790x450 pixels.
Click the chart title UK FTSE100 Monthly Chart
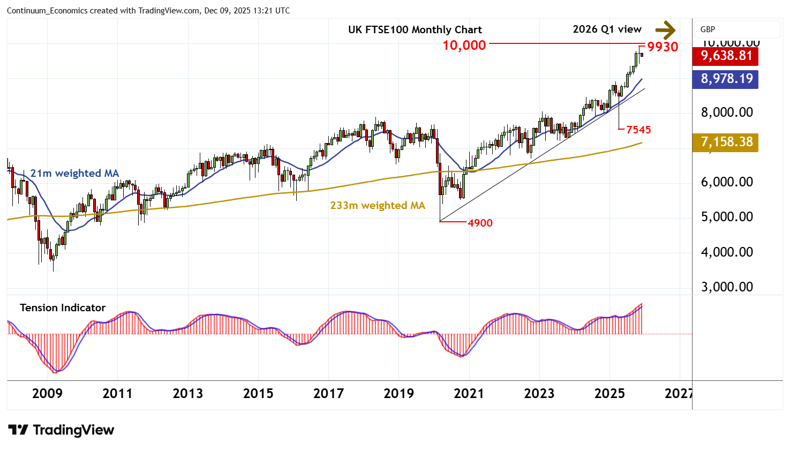[x=415, y=30]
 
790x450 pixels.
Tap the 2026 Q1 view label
[x=607, y=29]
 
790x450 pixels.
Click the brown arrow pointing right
[x=665, y=30]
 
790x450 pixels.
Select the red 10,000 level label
[x=464, y=46]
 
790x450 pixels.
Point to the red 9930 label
[x=663, y=47]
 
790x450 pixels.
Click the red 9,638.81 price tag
[x=726, y=56]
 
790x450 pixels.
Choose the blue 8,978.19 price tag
[x=726, y=79]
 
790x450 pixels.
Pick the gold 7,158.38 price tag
[x=726, y=142]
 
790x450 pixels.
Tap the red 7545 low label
[x=638, y=130]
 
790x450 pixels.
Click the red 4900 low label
[x=480, y=223]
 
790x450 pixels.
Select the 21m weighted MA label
[x=74, y=174]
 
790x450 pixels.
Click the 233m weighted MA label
[x=377, y=206]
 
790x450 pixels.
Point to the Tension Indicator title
[x=63, y=308]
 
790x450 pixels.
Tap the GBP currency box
[x=708, y=29]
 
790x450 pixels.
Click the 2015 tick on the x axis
[x=258, y=394]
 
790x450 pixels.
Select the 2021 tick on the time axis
[x=469, y=394]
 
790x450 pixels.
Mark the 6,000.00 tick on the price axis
[x=727, y=182]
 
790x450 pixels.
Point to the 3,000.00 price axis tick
[x=727, y=287]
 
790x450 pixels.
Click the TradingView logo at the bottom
[x=62, y=430]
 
